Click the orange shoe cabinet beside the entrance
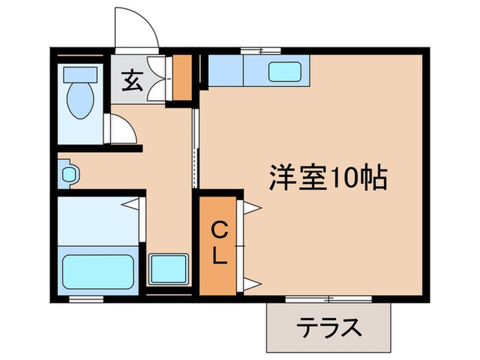tap(182, 77)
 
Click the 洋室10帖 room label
tap(327, 178)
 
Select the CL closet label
tap(218, 243)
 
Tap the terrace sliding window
tap(328, 299)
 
